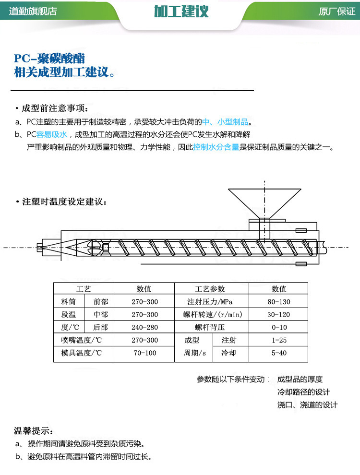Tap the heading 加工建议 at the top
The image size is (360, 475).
[x=181, y=12]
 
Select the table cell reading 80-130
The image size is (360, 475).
[x=279, y=302]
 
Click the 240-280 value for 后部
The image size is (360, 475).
[x=144, y=327]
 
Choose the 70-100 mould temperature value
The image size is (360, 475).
[x=144, y=353]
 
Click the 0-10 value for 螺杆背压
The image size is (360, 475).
[x=279, y=327]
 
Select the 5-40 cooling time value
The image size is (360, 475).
[x=279, y=353]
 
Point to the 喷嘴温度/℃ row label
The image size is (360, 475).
[x=83, y=340]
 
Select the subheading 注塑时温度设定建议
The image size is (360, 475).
[x=62, y=201]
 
